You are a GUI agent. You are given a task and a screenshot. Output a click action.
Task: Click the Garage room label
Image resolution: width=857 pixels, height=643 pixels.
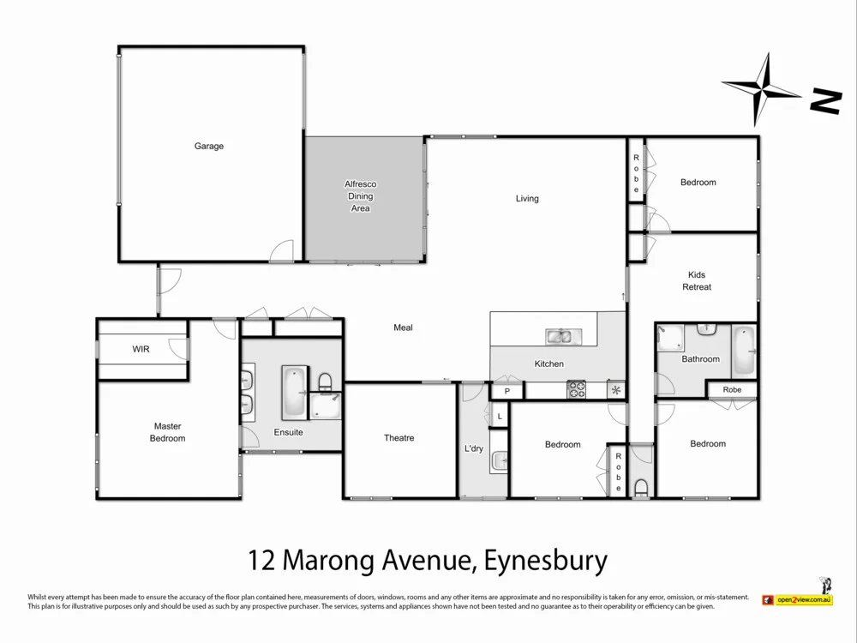point(208,147)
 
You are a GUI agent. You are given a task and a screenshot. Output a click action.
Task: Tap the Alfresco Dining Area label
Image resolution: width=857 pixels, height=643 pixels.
point(360,196)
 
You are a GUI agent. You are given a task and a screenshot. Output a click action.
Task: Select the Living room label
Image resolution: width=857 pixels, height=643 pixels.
point(527,199)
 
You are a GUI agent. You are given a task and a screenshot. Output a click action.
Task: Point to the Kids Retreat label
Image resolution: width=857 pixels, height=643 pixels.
point(697,281)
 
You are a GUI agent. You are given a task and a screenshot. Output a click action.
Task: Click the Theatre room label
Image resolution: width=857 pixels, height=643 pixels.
point(399,438)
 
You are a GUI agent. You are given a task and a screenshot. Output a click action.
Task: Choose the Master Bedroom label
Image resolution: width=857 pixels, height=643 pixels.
point(168,432)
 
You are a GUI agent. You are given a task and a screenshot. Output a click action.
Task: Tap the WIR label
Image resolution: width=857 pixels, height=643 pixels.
point(141,350)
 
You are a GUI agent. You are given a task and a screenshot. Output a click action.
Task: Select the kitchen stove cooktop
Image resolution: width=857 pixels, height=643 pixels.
point(576,390)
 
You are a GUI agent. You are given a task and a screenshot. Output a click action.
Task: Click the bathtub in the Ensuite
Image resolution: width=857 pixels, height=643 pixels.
point(293,389)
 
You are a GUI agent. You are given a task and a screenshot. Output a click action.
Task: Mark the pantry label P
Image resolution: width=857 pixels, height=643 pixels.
point(506,392)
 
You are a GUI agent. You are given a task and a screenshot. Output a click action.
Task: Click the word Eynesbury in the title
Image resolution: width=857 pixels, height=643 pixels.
point(545,562)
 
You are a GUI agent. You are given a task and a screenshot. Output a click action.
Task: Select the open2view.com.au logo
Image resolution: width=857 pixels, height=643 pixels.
point(797,599)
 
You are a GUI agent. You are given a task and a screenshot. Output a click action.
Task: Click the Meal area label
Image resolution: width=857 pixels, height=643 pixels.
point(403,328)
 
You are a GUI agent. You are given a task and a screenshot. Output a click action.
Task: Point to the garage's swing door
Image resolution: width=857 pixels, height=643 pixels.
point(282,251)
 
